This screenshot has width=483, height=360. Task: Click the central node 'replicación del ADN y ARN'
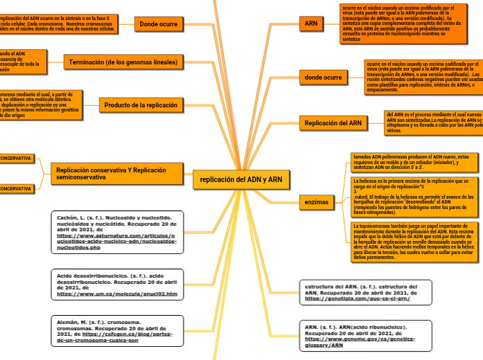tap(240, 179)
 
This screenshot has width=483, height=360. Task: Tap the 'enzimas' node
tap(317, 202)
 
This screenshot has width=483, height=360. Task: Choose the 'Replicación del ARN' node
tap(333, 123)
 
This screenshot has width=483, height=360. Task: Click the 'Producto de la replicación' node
tap(141, 105)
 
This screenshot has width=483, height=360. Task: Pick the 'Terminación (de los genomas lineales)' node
tap(123, 62)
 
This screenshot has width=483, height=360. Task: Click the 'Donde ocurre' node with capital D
tap(159, 24)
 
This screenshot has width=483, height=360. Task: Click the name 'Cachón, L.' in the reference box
tap(73, 217)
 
